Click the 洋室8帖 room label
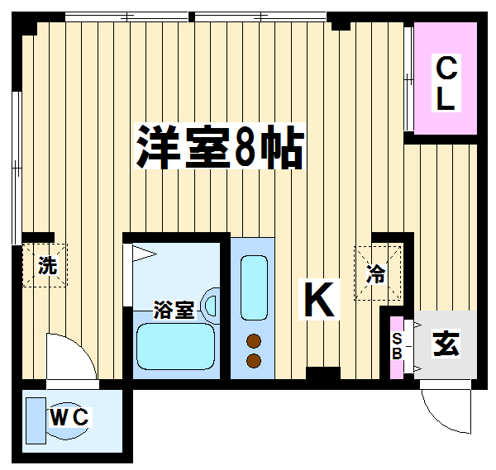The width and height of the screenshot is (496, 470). pyautogui.click(x=220, y=146)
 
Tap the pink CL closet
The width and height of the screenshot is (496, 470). pyautogui.click(x=446, y=78)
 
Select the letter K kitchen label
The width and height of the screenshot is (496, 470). pyautogui.click(x=319, y=299)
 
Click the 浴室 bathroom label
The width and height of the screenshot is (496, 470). pyautogui.click(x=174, y=310)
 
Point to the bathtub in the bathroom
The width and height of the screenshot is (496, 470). pyautogui.click(x=175, y=346)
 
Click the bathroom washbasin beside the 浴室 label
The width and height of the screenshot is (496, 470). pyautogui.click(x=211, y=306)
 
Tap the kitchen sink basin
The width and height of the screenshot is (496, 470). pyautogui.click(x=254, y=287)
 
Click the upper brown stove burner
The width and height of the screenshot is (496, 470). pyautogui.click(x=254, y=340)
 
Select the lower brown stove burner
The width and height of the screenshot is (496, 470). pyautogui.click(x=254, y=361)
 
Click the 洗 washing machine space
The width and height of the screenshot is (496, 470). pyautogui.click(x=45, y=265)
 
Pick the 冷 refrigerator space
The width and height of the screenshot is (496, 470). pyautogui.click(x=378, y=273)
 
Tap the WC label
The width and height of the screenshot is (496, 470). pyautogui.click(x=69, y=417)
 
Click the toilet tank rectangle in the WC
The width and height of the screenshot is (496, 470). pyautogui.click(x=36, y=420)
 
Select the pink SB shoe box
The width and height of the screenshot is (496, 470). pyautogui.click(x=397, y=347)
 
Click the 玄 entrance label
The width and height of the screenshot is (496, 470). pyautogui.click(x=446, y=344)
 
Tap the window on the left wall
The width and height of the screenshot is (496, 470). pyautogui.click(x=17, y=168)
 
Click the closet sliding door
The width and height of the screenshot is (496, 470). pyautogui.click(x=408, y=78)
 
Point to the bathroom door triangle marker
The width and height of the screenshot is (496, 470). pyautogui.click(x=144, y=254)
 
